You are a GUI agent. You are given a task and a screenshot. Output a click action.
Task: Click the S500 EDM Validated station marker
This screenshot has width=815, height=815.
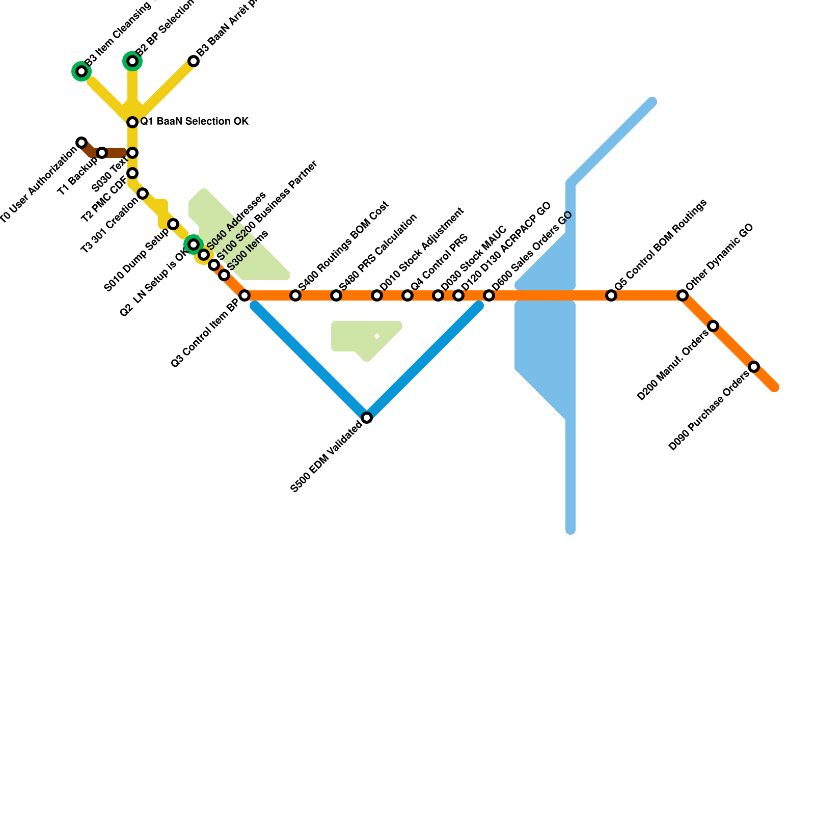(x=367, y=418)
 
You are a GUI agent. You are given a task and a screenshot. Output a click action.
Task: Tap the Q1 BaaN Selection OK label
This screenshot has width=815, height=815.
(x=194, y=122)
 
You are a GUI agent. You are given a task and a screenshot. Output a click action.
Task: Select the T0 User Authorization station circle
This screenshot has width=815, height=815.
(x=81, y=143)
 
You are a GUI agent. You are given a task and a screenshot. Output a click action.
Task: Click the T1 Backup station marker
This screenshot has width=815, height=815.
(x=102, y=153)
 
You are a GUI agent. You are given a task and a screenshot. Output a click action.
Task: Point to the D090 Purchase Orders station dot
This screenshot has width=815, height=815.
(x=754, y=367)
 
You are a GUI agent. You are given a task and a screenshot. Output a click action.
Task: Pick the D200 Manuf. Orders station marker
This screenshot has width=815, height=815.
(x=713, y=326)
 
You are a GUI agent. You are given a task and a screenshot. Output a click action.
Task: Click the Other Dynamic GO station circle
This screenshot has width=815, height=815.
(x=683, y=295)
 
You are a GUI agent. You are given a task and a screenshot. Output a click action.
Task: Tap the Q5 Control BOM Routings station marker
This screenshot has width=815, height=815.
(x=611, y=295)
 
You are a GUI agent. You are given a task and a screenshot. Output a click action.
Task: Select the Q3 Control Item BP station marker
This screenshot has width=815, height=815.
(x=244, y=295)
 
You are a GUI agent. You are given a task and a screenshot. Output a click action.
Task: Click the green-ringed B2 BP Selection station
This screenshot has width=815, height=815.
(x=132, y=61)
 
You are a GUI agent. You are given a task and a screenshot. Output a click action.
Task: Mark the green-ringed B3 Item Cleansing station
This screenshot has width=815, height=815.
(x=81, y=71)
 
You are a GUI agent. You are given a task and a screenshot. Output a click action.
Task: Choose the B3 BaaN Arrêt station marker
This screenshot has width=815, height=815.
(x=194, y=61)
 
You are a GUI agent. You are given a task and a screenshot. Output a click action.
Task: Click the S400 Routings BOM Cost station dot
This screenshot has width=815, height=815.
(x=295, y=295)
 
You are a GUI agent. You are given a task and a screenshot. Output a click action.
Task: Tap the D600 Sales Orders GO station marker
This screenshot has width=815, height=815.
(x=489, y=295)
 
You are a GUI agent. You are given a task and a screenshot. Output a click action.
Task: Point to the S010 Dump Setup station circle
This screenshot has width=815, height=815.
(x=173, y=224)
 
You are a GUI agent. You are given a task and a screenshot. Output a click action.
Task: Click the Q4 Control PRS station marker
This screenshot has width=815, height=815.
(x=407, y=295)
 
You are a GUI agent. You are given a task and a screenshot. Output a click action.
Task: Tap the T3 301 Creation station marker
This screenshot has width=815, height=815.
(x=143, y=194)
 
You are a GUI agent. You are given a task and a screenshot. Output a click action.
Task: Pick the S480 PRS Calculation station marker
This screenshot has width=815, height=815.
(x=336, y=295)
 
